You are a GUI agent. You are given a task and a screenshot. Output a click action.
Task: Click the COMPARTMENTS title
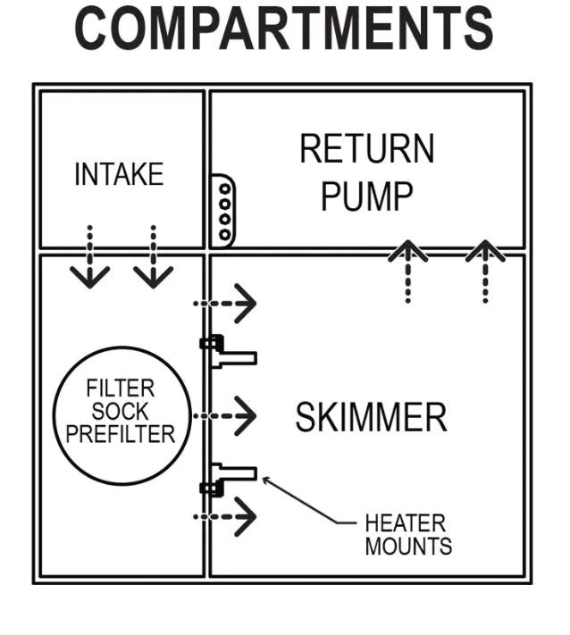[x=284, y=29]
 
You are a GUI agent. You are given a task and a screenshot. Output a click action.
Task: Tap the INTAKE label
[x=119, y=174]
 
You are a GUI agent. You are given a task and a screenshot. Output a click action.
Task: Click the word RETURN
[x=367, y=148]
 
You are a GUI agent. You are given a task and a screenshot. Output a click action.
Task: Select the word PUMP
[x=367, y=196]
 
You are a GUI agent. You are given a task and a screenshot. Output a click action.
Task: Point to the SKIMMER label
[x=371, y=417]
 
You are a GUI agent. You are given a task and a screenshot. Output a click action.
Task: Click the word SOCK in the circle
[x=121, y=412]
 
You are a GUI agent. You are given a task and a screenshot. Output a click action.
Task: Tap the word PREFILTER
[x=121, y=434]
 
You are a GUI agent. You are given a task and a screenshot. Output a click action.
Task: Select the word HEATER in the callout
[x=405, y=523]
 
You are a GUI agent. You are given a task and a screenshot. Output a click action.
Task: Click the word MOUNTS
[x=408, y=546]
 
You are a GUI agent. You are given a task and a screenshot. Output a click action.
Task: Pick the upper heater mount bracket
[x=228, y=352]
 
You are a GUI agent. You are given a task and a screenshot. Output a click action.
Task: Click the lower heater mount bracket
[x=228, y=479]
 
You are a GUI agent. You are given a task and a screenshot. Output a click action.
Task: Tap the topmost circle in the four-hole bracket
[x=225, y=188]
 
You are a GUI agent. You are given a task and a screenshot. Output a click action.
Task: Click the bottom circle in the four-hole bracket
[x=225, y=234]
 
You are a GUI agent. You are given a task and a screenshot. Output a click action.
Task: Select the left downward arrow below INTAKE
[x=89, y=256]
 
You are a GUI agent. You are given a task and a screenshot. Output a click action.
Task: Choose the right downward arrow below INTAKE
[x=153, y=256]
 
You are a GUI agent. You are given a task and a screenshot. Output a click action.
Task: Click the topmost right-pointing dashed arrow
[x=225, y=303]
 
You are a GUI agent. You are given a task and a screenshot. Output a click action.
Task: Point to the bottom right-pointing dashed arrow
[x=225, y=516]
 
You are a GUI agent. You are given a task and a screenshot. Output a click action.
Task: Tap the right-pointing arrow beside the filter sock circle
[x=225, y=415]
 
